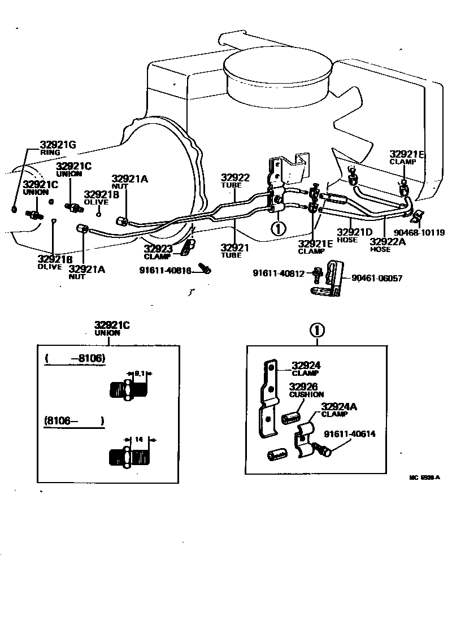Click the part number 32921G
pyautogui.click(x=58, y=145)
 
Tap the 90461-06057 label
pyautogui.click(x=377, y=278)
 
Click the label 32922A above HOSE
pyautogui.click(x=388, y=241)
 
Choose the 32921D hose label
pyautogui.click(x=355, y=232)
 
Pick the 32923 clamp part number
pyautogui.click(x=157, y=249)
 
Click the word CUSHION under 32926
pyautogui.click(x=306, y=394)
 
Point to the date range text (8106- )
pyautogui.click(x=74, y=421)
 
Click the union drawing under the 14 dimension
pyautogui.click(x=130, y=456)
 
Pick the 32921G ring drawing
pyautogui.click(x=14, y=210)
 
